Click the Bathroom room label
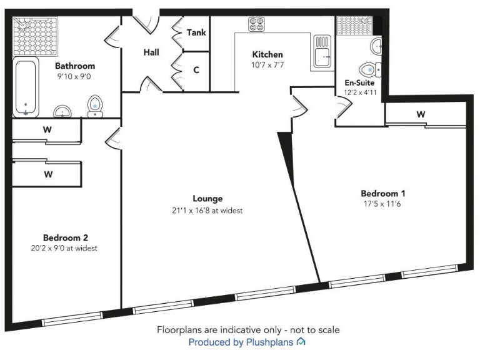tap(75, 66)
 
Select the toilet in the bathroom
tap(95, 106)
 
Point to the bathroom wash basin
tap(62, 111)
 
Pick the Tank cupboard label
tap(196, 32)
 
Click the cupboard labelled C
tap(196, 70)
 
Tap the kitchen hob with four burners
tap(256, 24)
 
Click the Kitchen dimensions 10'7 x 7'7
tap(267, 65)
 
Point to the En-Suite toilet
tap(367, 69)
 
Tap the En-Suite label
tap(361, 82)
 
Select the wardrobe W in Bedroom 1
tap(421, 114)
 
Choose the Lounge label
tap(208, 199)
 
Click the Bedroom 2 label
tap(66, 237)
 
